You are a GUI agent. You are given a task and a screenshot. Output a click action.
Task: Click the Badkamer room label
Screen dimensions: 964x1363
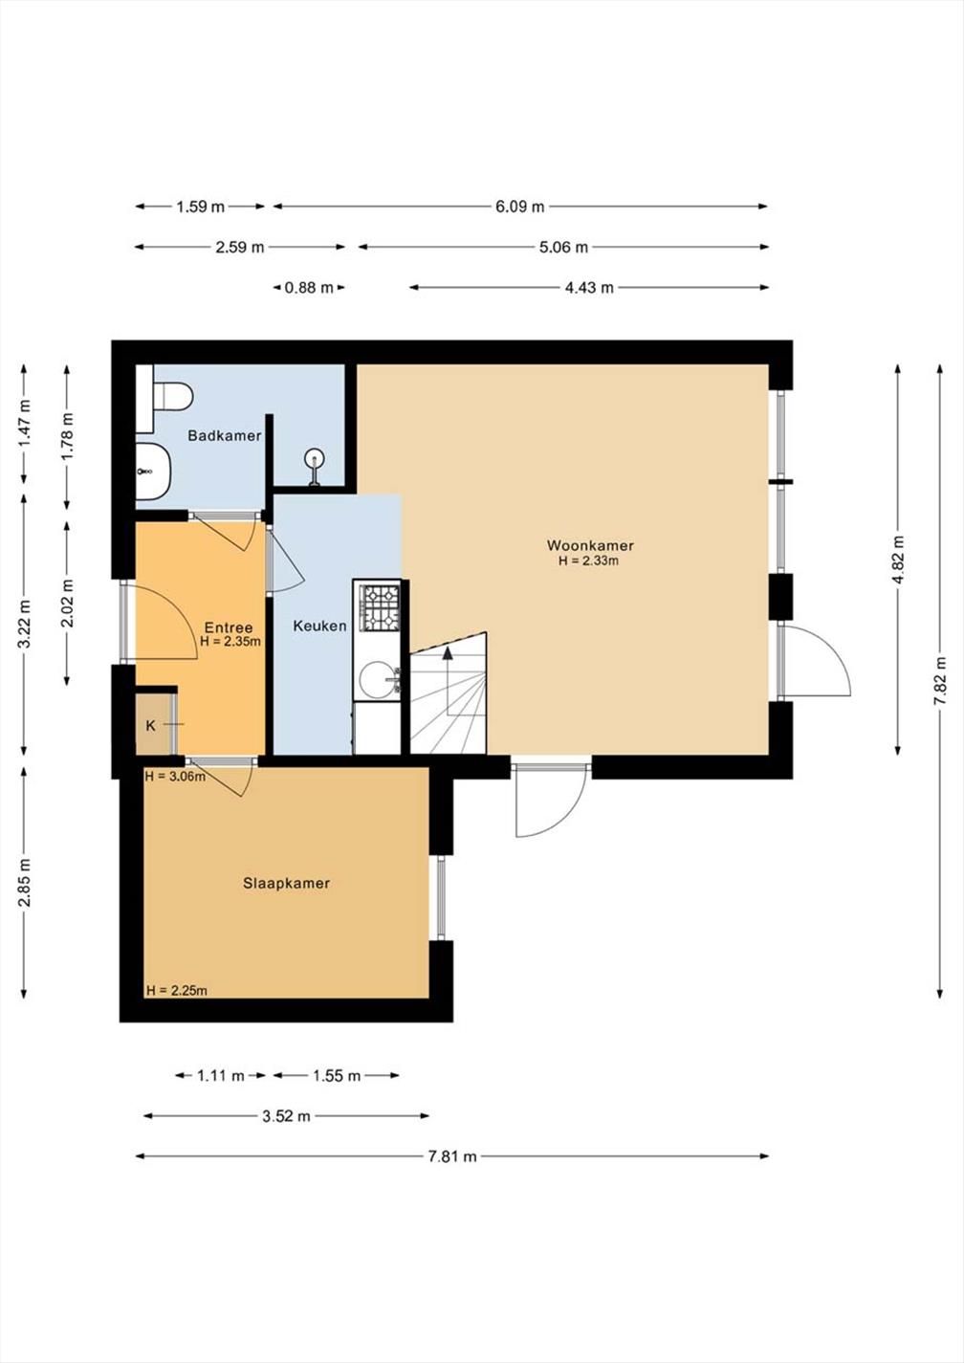[225, 435]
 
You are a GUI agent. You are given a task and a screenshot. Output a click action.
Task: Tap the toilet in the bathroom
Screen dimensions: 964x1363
[173, 396]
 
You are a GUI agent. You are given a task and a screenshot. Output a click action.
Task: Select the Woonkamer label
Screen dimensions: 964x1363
[591, 545]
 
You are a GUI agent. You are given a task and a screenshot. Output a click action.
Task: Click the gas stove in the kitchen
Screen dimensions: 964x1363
[381, 608]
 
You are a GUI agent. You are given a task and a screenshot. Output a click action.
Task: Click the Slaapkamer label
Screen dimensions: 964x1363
[287, 883]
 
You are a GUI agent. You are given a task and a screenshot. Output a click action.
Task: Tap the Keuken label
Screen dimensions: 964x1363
[320, 626]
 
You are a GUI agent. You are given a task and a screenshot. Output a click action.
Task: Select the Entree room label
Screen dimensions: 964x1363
[228, 627]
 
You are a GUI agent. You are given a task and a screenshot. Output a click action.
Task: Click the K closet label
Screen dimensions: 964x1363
[151, 725]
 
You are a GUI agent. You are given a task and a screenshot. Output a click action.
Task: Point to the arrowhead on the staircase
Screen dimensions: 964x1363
[449, 653]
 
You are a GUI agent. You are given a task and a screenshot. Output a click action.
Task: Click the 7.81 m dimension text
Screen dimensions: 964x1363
[452, 1156]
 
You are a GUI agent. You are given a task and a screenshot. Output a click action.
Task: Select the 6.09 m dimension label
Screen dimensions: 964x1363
[520, 207]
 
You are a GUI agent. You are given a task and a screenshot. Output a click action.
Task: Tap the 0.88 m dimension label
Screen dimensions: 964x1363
[310, 287]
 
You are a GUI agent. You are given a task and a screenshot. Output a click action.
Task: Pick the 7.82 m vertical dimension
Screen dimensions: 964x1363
[940, 680]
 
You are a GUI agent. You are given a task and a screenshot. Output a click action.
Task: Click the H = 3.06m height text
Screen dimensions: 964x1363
[175, 777]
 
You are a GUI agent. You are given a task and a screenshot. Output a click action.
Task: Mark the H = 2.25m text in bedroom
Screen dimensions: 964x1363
[176, 991]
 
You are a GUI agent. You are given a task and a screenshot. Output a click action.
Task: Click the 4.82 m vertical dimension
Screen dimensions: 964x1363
[898, 559]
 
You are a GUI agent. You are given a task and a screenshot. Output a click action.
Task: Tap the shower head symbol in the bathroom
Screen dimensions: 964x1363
[315, 468]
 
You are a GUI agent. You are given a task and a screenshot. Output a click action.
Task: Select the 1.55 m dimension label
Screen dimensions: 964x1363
[337, 1076]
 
